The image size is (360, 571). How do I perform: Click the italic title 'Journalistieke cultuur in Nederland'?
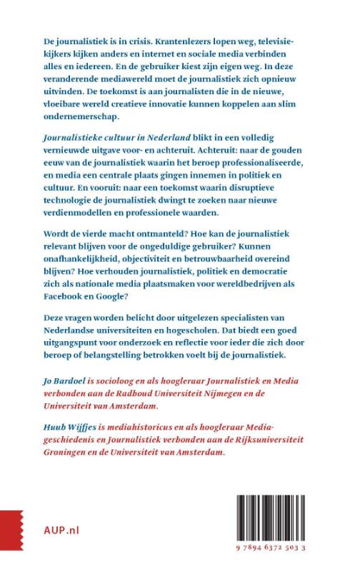99,143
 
